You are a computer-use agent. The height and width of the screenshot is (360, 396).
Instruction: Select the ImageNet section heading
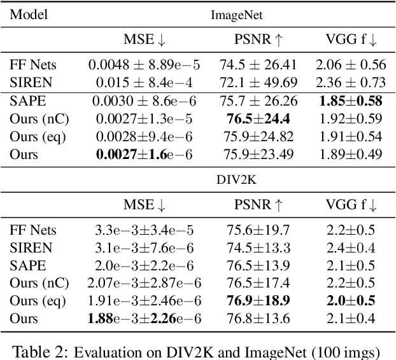pyautogui.click(x=237, y=15)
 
